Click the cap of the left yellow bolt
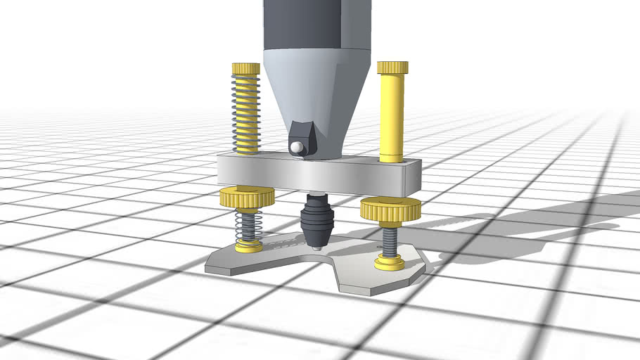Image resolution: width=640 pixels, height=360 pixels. pos(245,68)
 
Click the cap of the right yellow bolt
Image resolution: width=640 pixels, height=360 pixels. pos(392,67)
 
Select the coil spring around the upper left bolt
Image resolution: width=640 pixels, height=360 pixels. pos(246,112)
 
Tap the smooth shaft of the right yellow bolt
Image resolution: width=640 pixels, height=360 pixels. pos(392,116)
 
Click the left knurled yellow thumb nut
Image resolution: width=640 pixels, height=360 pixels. pos(246,198)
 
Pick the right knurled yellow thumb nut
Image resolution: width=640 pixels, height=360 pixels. pos(390,209)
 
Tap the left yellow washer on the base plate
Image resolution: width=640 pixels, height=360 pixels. pos(248,246)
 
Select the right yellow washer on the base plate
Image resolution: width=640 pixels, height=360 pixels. pos(389,263)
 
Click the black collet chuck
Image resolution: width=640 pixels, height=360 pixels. pos(316,221)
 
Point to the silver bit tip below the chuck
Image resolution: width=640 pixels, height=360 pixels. pos(316,247)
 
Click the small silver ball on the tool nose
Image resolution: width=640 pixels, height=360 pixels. pos(298,147)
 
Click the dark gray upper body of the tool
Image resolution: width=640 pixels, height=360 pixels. pos(316,25)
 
